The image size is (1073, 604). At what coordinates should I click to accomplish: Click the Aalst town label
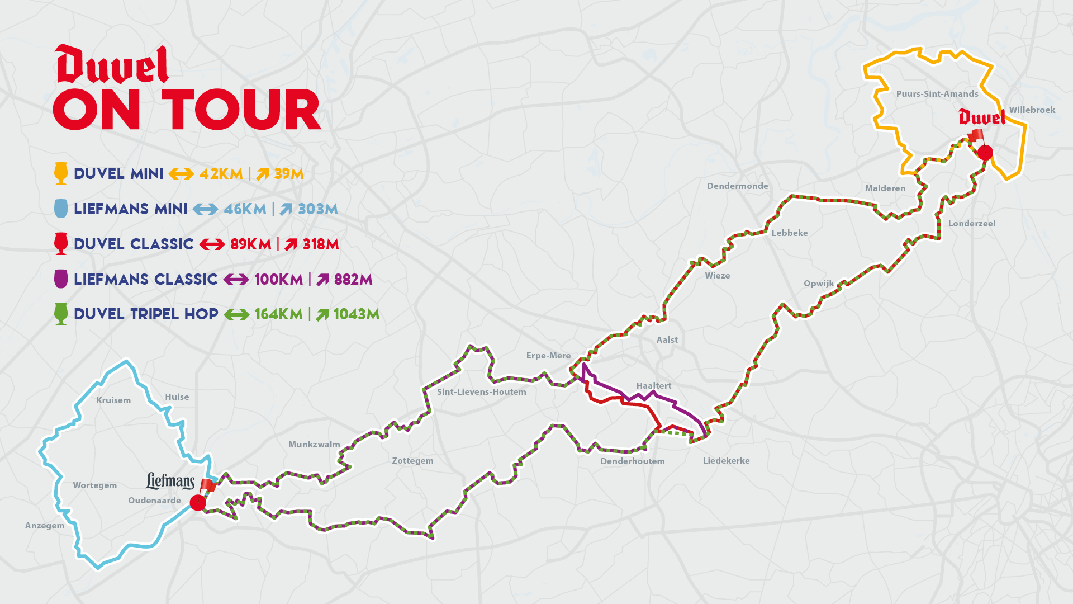pyautogui.click(x=667, y=340)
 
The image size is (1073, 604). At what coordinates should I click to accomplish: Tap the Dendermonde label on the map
pyautogui.click(x=737, y=186)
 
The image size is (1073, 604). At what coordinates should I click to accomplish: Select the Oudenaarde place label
pyautogui.click(x=154, y=501)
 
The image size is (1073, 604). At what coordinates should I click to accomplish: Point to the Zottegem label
pyautogui.click(x=412, y=461)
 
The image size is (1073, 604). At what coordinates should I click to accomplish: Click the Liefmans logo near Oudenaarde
pyautogui.click(x=170, y=481)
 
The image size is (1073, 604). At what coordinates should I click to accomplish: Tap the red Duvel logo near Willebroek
pyautogui.click(x=981, y=117)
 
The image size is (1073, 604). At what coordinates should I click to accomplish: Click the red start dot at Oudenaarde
pyautogui.click(x=198, y=502)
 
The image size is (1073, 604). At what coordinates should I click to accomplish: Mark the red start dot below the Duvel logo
pyautogui.click(x=985, y=152)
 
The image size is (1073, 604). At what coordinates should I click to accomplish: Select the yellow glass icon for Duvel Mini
pyautogui.click(x=61, y=173)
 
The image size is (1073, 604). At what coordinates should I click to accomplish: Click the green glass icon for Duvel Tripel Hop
pyautogui.click(x=61, y=314)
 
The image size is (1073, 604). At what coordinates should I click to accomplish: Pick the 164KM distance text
pyautogui.click(x=278, y=314)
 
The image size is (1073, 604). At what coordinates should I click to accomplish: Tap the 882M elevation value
pyautogui.click(x=353, y=280)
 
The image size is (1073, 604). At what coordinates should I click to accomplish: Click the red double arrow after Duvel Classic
pyautogui.click(x=212, y=244)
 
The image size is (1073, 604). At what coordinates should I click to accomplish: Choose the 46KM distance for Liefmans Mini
pyautogui.click(x=245, y=209)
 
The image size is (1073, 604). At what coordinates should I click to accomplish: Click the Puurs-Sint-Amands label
pyautogui.click(x=937, y=94)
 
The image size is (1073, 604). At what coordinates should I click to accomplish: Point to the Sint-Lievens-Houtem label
pyautogui.click(x=481, y=392)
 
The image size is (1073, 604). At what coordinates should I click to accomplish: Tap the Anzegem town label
pyautogui.click(x=45, y=526)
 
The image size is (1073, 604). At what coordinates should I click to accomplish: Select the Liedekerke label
pyautogui.click(x=726, y=461)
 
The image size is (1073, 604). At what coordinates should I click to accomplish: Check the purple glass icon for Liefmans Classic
pyautogui.click(x=61, y=279)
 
